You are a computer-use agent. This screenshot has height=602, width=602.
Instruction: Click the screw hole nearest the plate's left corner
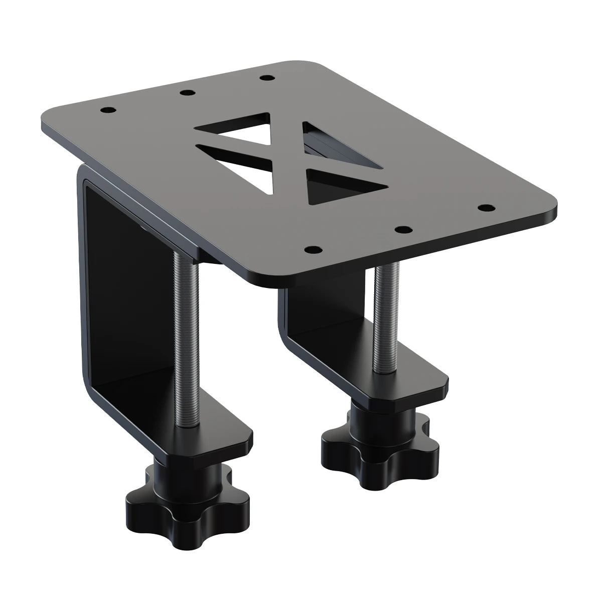[x=107, y=109]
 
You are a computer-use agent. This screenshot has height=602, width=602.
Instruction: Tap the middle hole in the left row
[x=187, y=93]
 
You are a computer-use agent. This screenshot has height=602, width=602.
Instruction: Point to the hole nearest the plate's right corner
[x=485, y=207]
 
